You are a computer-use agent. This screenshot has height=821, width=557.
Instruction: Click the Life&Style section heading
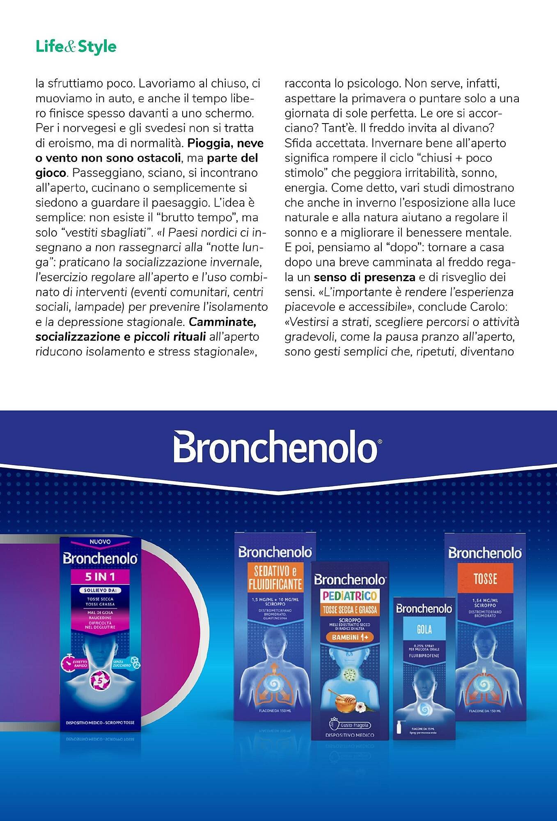tap(76, 47)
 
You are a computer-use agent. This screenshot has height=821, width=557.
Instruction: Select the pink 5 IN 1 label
tap(100, 577)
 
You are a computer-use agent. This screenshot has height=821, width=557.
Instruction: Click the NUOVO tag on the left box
tap(100, 542)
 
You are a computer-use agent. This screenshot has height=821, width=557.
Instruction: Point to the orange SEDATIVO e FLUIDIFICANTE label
tap(275, 577)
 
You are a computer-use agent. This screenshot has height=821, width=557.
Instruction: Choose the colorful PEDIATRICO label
tap(350, 596)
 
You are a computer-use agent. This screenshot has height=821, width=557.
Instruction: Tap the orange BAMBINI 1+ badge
tap(350, 638)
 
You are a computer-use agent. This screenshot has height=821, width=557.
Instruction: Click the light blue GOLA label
tap(424, 629)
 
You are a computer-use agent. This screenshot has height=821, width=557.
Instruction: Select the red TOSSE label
tap(485, 579)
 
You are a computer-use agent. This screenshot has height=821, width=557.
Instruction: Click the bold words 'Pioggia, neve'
tap(225, 143)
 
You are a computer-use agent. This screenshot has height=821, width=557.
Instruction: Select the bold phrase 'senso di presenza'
tap(364, 277)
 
